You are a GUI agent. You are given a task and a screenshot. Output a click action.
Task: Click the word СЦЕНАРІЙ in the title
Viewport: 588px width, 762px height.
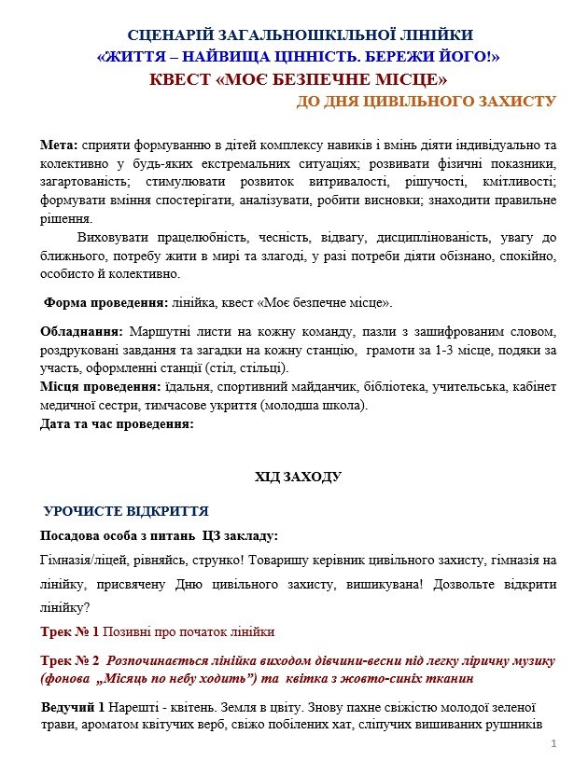click(x=176, y=36)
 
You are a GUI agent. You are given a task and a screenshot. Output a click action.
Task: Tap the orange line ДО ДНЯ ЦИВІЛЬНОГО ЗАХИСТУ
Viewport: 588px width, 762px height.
click(x=427, y=102)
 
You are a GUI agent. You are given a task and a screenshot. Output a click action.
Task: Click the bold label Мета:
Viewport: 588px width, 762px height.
click(x=61, y=147)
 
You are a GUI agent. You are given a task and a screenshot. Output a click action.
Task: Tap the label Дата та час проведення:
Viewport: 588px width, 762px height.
click(x=117, y=424)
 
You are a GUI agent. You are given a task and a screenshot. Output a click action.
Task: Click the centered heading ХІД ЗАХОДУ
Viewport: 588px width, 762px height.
click(x=298, y=478)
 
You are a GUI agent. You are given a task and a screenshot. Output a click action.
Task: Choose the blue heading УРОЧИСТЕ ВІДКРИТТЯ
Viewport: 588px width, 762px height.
click(x=126, y=512)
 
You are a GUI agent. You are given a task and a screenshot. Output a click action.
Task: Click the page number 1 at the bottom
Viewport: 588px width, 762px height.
click(x=553, y=743)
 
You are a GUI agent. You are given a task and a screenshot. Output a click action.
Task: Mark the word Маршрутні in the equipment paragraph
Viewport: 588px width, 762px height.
click(x=161, y=333)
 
